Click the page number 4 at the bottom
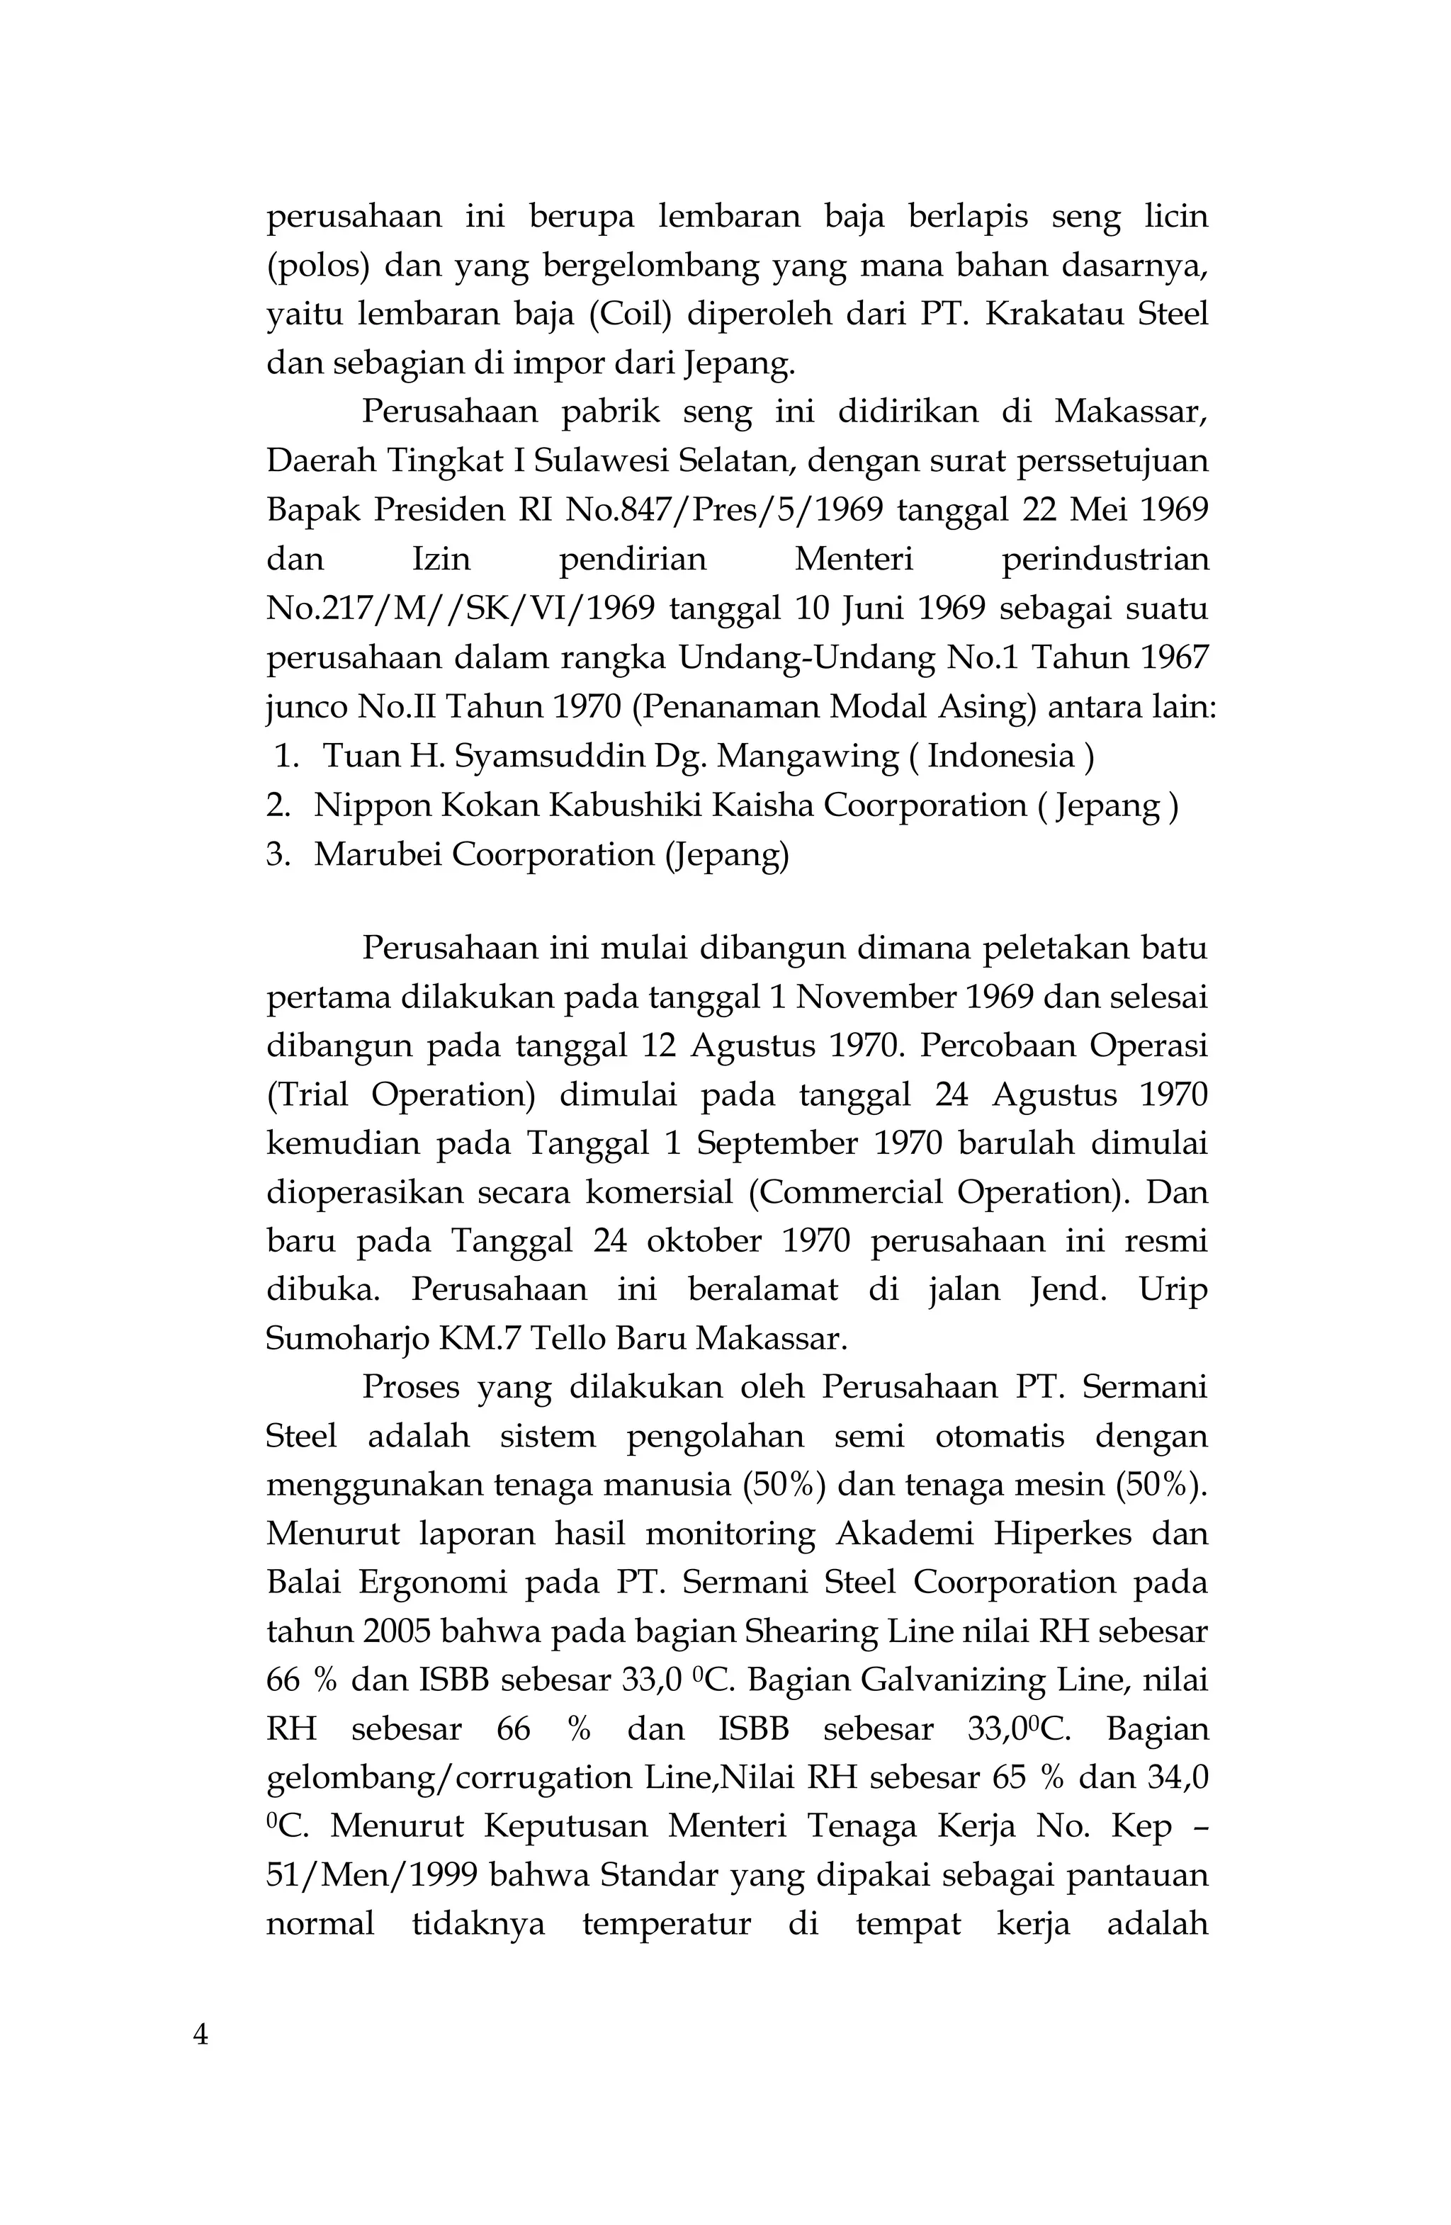click(x=200, y=2034)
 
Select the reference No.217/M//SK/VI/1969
click(x=460, y=608)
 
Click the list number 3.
click(x=277, y=854)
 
